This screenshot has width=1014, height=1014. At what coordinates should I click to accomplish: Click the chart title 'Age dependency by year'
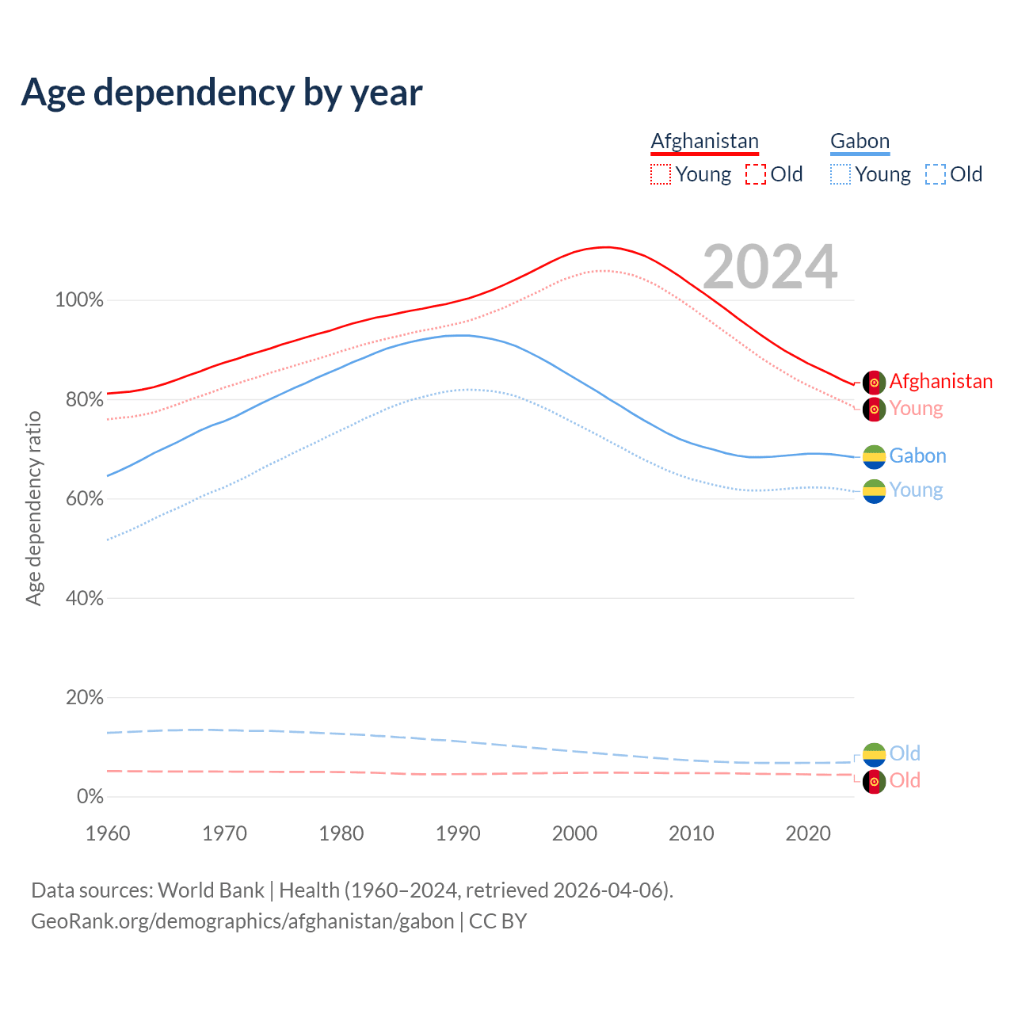(222, 93)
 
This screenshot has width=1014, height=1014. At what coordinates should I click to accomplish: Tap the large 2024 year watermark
(769, 267)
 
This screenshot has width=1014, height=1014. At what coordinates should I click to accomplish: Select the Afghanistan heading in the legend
(704, 141)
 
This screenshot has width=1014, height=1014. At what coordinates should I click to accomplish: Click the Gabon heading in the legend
(860, 141)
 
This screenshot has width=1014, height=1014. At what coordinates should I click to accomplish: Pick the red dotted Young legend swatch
(661, 174)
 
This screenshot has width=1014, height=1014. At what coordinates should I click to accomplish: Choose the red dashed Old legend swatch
(756, 174)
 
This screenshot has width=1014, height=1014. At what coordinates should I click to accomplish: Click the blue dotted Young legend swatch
(841, 174)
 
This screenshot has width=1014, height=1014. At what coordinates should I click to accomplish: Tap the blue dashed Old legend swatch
(936, 174)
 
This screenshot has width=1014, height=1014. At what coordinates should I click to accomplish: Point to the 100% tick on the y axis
(79, 300)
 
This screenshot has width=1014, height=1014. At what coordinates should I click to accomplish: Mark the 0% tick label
(90, 797)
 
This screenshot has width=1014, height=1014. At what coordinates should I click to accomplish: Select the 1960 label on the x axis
(108, 833)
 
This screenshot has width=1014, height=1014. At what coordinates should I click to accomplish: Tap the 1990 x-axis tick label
(458, 833)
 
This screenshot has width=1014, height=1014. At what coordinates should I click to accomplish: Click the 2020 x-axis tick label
(808, 833)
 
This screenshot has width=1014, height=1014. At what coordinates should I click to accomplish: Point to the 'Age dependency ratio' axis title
(33, 508)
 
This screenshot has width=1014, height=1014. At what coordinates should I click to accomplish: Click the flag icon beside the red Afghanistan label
(874, 382)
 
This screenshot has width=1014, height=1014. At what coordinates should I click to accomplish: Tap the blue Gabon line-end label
(917, 456)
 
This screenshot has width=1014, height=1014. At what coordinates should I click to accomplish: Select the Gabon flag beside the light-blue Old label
(874, 754)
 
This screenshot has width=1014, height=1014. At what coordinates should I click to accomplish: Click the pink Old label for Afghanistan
(905, 780)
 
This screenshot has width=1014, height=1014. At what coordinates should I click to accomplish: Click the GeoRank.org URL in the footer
(242, 921)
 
